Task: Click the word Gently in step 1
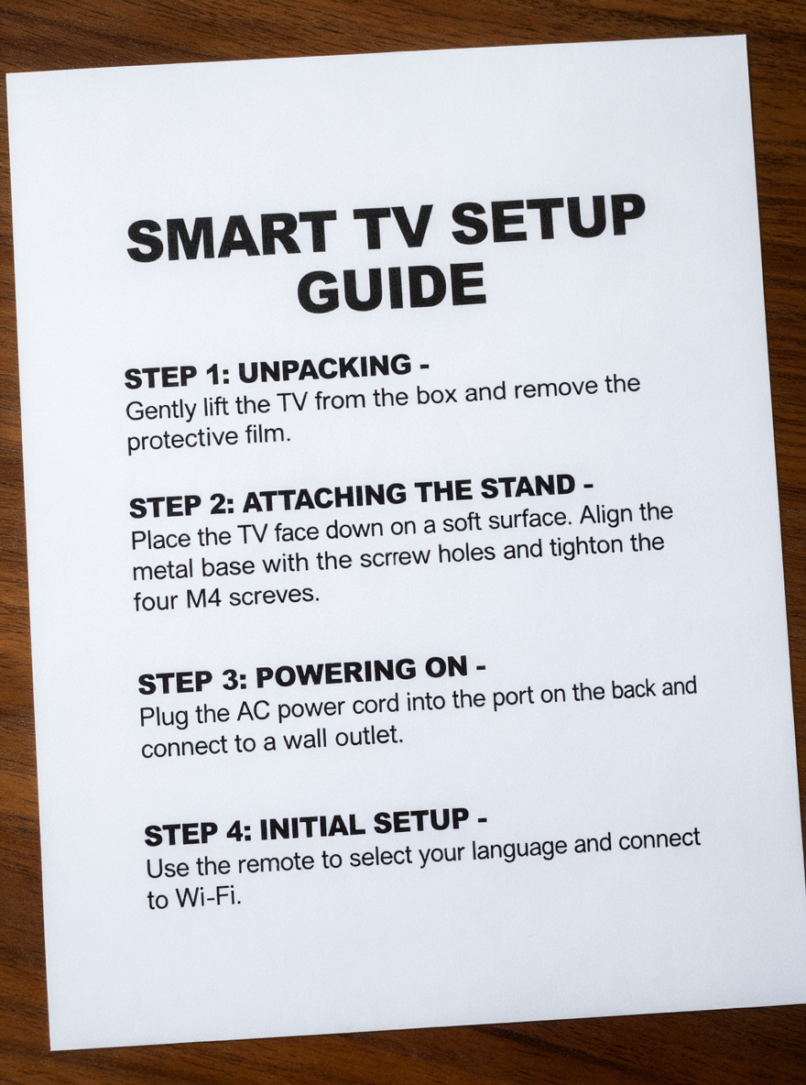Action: coord(158,409)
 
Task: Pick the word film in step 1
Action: coord(267,433)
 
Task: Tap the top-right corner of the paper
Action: coord(744,38)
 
